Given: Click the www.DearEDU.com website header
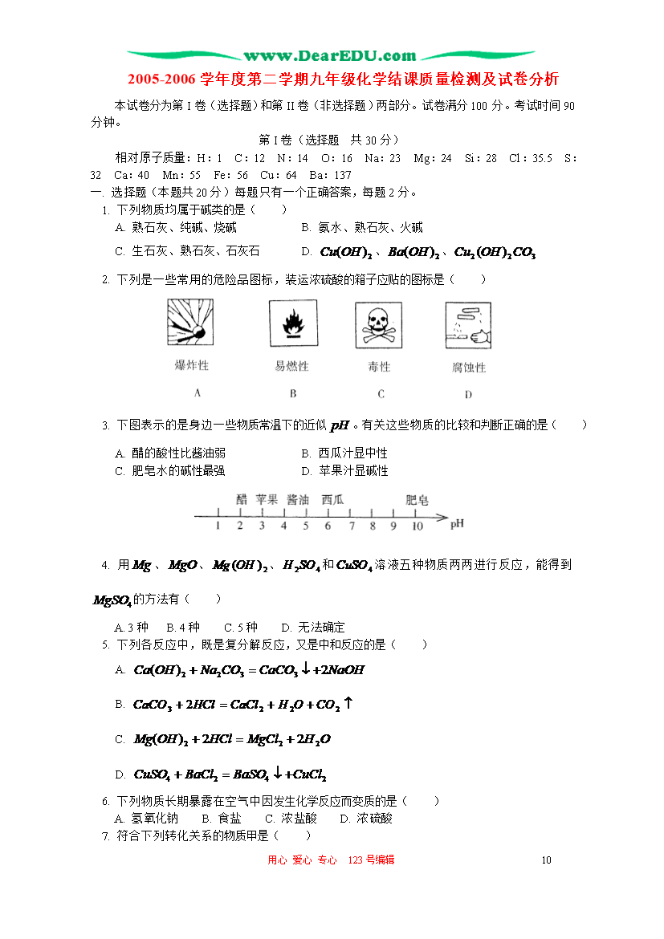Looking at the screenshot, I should pyautogui.click(x=330, y=56).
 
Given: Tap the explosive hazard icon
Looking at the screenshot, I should pyautogui.click(x=191, y=323).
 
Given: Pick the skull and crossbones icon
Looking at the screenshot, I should pyautogui.click(x=379, y=323).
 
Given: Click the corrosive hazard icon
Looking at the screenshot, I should pyautogui.click(x=468, y=324).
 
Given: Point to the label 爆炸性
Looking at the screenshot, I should pyautogui.click(x=191, y=366).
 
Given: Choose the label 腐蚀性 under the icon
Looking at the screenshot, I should pyautogui.click(x=468, y=368).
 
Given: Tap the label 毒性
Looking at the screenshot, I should pyautogui.click(x=379, y=367).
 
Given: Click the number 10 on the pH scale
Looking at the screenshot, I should pyautogui.click(x=418, y=526).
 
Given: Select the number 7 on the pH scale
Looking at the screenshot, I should pyautogui.click(x=351, y=526).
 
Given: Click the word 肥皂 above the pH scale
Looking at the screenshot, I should pyautogui.click(x=417, y=500).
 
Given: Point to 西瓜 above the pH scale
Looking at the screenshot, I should pyautogui.click(x=332, y=500).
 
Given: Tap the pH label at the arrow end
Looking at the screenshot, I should pyautogui.click(x=457, y=524).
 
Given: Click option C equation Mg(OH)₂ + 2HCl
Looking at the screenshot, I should pyautogui.click(x=232, y=739).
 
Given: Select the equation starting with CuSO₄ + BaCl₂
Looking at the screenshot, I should pyautogui.click(x=230, y=774).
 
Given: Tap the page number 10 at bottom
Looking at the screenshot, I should pyautogui.click(x=547, y=860).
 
